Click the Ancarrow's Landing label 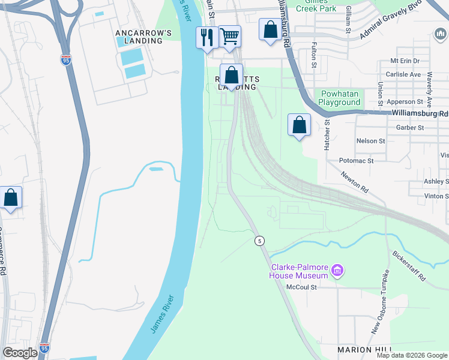139,37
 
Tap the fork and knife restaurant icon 206,37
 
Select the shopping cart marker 229,36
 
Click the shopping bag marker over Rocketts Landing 231,76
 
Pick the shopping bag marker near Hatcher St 299,125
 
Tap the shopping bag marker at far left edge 11,197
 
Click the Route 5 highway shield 259,241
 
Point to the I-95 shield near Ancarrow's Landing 65,60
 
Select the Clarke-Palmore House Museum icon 337,272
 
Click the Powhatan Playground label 339,98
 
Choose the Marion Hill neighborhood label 364,350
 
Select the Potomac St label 356,161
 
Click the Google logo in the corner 20,353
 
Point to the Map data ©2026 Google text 411,355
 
